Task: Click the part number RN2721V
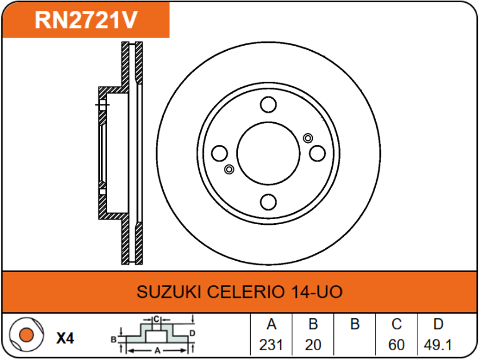point(86,20)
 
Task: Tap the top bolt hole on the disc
point(268,104)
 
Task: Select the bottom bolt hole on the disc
point(268,202)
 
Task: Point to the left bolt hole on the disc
point(219,153)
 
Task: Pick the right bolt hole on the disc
point(317,153)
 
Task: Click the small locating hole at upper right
point(308,137)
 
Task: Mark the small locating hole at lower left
point(229,169)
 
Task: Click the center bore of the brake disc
point(268,153)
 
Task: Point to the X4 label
point(66,338)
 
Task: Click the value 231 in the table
point(272,345)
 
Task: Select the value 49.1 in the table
point(438,345)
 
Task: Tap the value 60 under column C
point(396,345)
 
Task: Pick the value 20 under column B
point(313,345)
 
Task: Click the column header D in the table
point(438,325)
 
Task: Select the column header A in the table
point(272,325)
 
